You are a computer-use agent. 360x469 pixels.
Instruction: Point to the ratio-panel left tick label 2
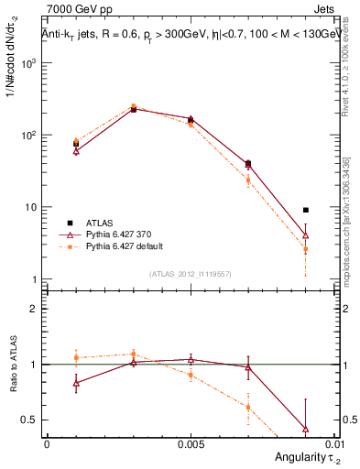(33, 309)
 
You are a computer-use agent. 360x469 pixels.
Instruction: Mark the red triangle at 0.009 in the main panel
(306, 235)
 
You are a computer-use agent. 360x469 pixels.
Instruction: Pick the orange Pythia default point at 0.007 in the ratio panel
(248, 408)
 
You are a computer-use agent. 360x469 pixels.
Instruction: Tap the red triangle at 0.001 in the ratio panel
(76, 383)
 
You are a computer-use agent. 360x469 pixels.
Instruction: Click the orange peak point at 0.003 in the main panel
(134, 106)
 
